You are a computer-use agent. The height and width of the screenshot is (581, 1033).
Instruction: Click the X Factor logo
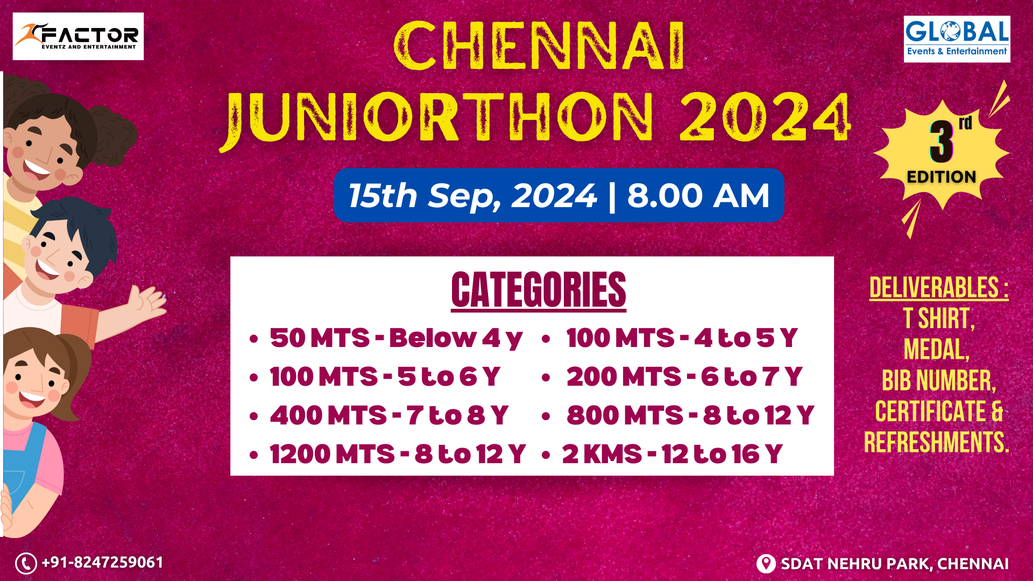(x=78, y=37)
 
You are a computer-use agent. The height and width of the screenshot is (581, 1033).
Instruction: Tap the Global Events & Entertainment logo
(x=957, y=39)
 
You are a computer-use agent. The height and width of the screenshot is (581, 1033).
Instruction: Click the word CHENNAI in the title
(x=540, y=46)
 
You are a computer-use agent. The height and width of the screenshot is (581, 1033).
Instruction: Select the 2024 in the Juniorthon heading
(x=765, y=117)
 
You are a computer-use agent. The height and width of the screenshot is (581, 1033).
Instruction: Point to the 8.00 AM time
(x=698, y=195)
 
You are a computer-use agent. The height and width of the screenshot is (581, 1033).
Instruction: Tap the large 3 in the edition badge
(x=942, y=141)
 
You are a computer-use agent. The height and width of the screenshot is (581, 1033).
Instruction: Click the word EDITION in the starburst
(x=942, y=177)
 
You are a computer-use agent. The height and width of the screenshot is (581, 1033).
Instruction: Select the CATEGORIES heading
(x=539, y=290)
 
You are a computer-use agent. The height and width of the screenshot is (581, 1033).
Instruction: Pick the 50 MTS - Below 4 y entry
(x=396, y=338)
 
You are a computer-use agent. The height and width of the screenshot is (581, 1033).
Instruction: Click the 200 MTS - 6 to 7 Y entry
(x=684, y=377)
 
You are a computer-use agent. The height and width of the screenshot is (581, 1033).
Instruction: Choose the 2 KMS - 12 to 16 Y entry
(x=672, y=454)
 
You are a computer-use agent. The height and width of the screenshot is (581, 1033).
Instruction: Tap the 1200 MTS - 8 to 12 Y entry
(x=398, y=454)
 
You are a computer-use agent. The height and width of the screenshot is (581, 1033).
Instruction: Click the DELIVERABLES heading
(x=938, y=288)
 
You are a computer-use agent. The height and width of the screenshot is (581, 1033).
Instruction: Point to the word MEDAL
(x=937, y=350)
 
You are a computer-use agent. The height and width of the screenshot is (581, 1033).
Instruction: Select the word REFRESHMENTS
(x=937, y=442)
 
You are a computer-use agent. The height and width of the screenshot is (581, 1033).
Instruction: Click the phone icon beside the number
(x=26, y=563)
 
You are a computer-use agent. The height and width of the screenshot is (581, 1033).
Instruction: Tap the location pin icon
(x=766, y=564)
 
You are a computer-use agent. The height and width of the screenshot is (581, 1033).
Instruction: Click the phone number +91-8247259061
(x=102, y=563)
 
